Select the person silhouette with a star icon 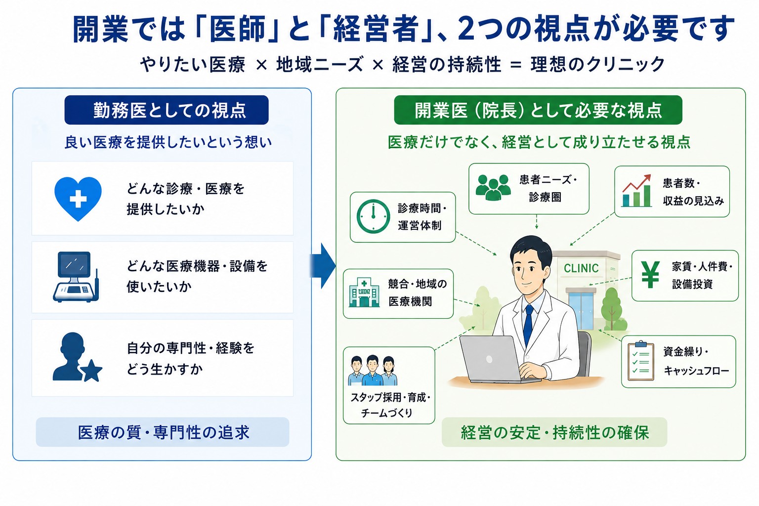77,357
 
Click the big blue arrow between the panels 323,266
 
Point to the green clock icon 374,216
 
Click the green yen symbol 650,275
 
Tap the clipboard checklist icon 641,361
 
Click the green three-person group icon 493,187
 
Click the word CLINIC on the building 581,268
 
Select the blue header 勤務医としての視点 167,110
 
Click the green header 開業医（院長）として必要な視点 538,110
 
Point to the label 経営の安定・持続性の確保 554,432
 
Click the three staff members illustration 373,371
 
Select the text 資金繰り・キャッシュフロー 696,361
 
